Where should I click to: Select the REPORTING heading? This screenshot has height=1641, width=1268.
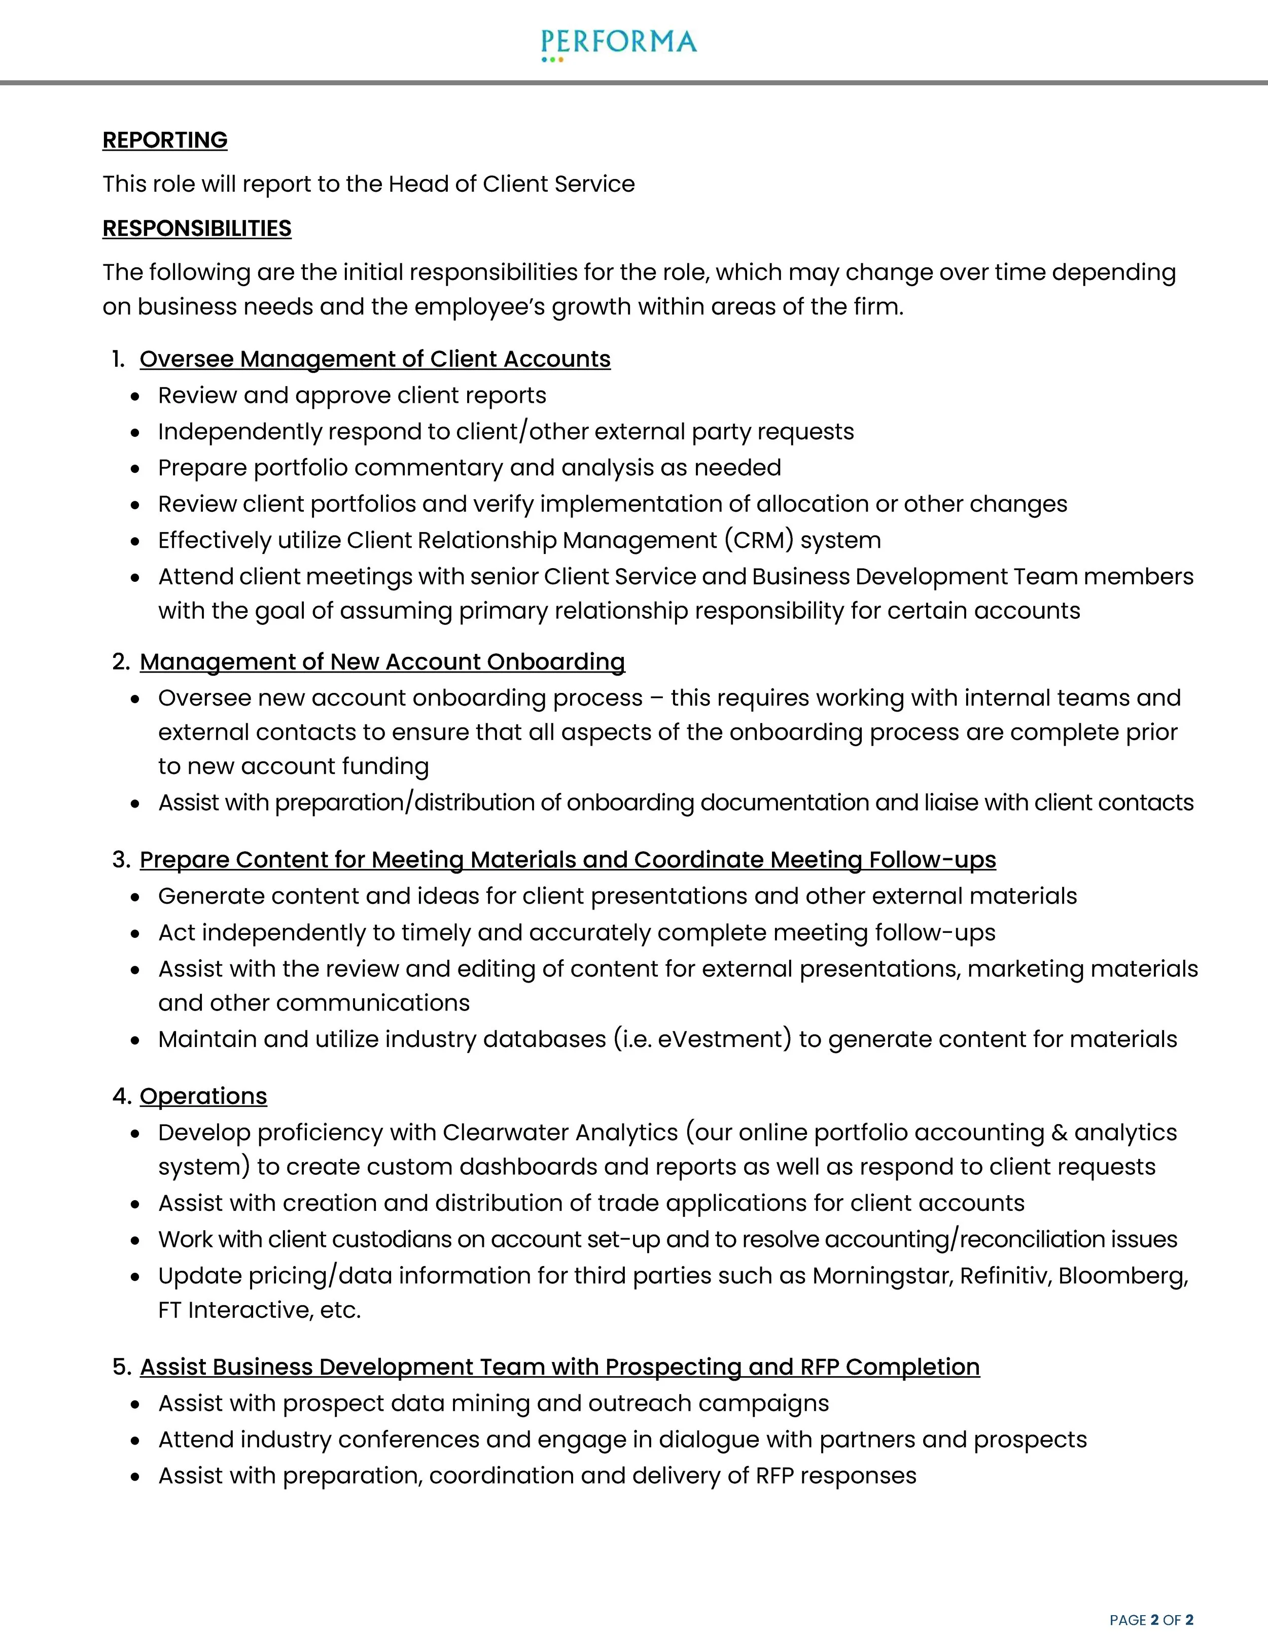[164, 140]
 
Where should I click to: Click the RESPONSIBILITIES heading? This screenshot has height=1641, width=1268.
[197, 228]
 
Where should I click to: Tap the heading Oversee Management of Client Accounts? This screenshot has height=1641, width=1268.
[375, 359]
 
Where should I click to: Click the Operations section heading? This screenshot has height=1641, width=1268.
[203, 1096]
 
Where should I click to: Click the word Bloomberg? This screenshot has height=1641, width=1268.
[1122, 1276]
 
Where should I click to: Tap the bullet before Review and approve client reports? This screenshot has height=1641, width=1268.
[135, 397]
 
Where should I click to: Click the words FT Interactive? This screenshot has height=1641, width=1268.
[235, 1310]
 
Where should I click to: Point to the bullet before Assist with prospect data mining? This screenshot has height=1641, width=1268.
[135, 1404]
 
